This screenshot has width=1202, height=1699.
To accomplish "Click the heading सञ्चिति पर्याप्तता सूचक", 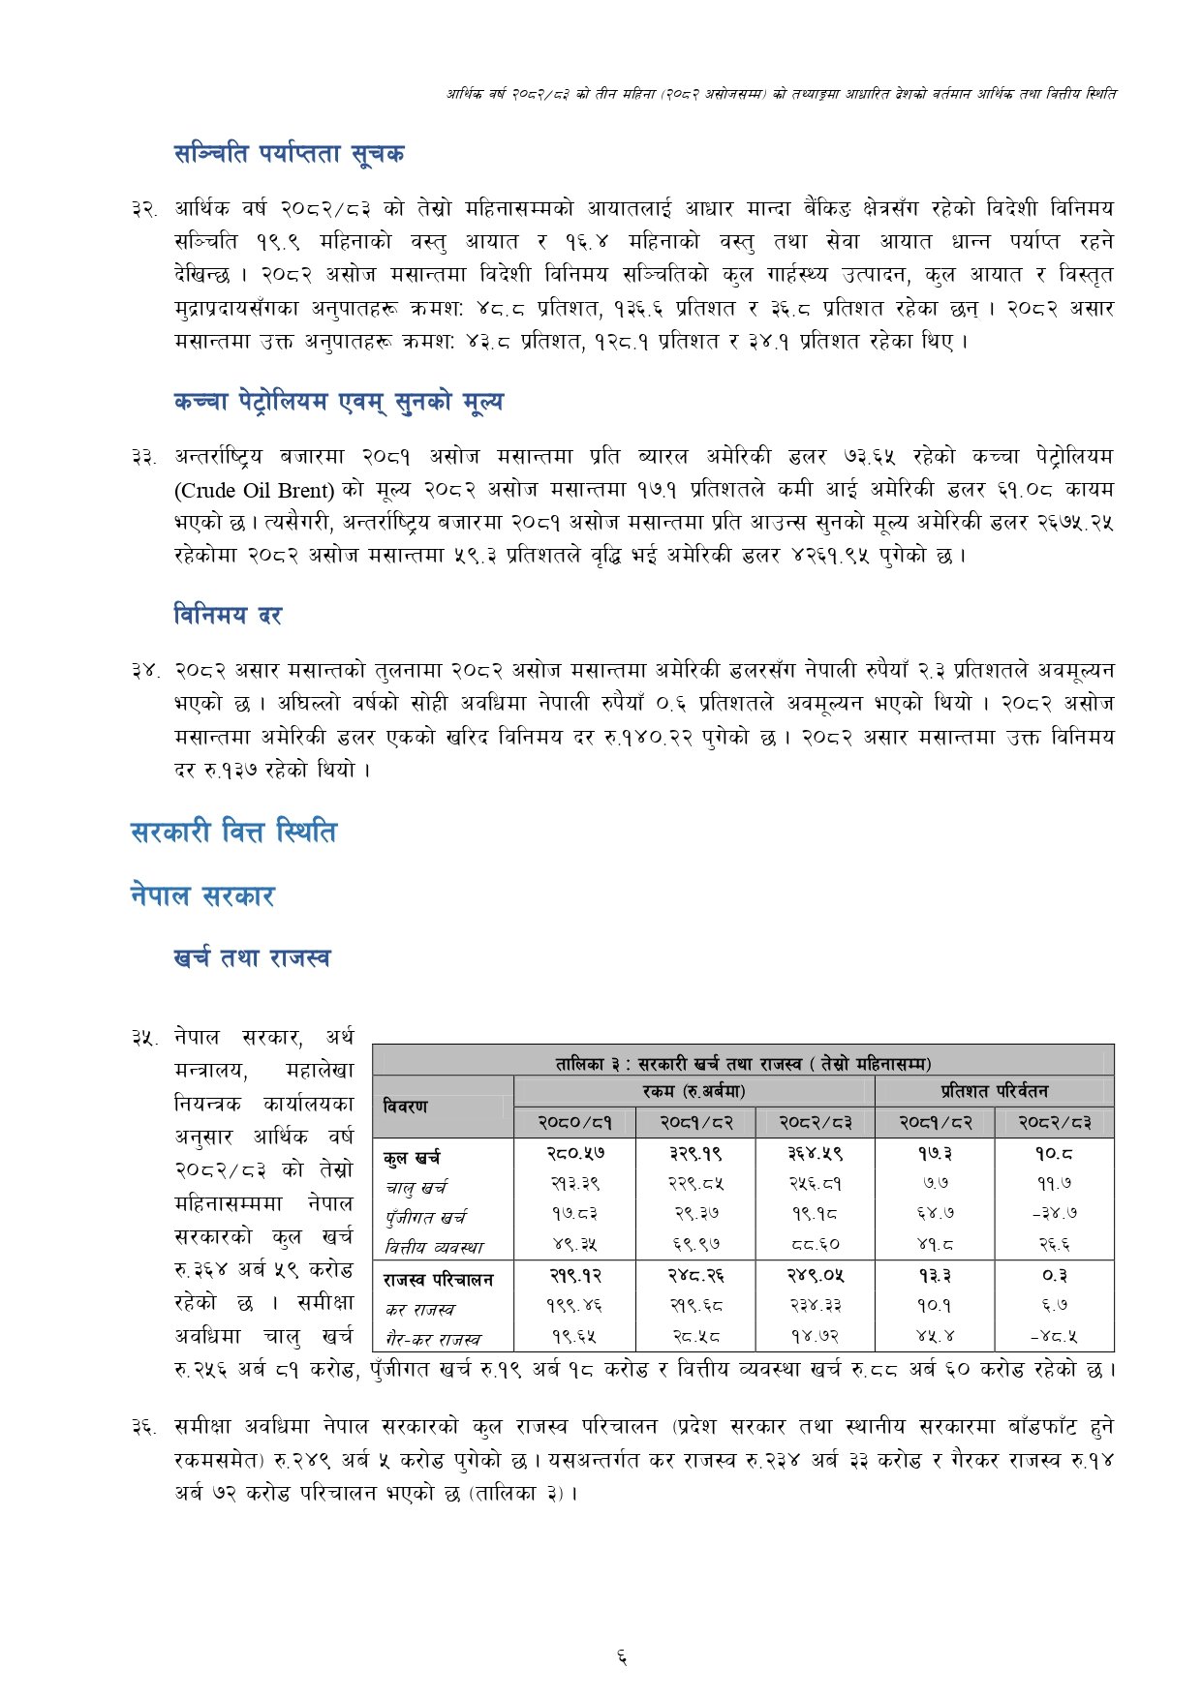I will coord(289,153).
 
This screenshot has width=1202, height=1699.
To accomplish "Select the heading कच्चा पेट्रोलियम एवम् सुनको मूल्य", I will coord(338,402).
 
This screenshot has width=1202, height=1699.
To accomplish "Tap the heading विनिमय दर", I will coord(228,615).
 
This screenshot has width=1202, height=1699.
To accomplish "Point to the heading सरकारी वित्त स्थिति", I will coord(233,832).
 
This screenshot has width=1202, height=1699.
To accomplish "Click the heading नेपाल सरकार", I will coord(202,895).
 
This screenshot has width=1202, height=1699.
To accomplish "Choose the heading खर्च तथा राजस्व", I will coord(252,958).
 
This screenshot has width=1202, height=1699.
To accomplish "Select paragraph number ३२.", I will coord(144,209).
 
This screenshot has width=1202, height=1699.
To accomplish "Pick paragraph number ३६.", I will coord(144,1427).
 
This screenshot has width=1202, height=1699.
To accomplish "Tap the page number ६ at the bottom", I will coord(621,1658).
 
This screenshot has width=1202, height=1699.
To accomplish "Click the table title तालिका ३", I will coord(743,1063).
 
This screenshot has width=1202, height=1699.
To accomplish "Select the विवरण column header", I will coord(405,1106).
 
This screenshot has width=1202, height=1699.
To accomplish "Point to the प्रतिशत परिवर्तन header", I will coord(994,1091).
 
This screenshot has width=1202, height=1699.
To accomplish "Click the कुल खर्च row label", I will coord(412,1158).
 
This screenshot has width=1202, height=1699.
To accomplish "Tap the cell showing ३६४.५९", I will coord(815,1154).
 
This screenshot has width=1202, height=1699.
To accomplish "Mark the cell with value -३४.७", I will coord(1054,1212).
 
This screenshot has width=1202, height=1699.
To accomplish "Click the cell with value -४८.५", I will coord(1054,1337).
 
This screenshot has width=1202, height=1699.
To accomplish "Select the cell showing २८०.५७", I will coord(575,1154).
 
